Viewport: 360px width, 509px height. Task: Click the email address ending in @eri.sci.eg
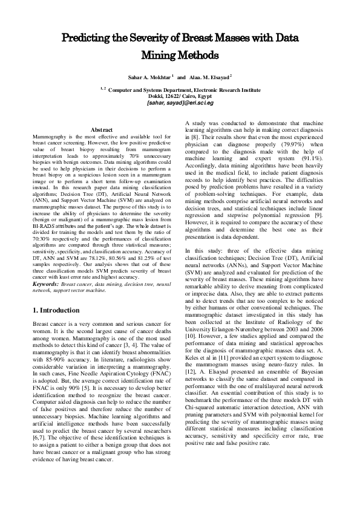(x=180, y=103)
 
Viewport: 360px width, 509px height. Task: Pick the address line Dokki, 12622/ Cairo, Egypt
(x=180, y=96)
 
